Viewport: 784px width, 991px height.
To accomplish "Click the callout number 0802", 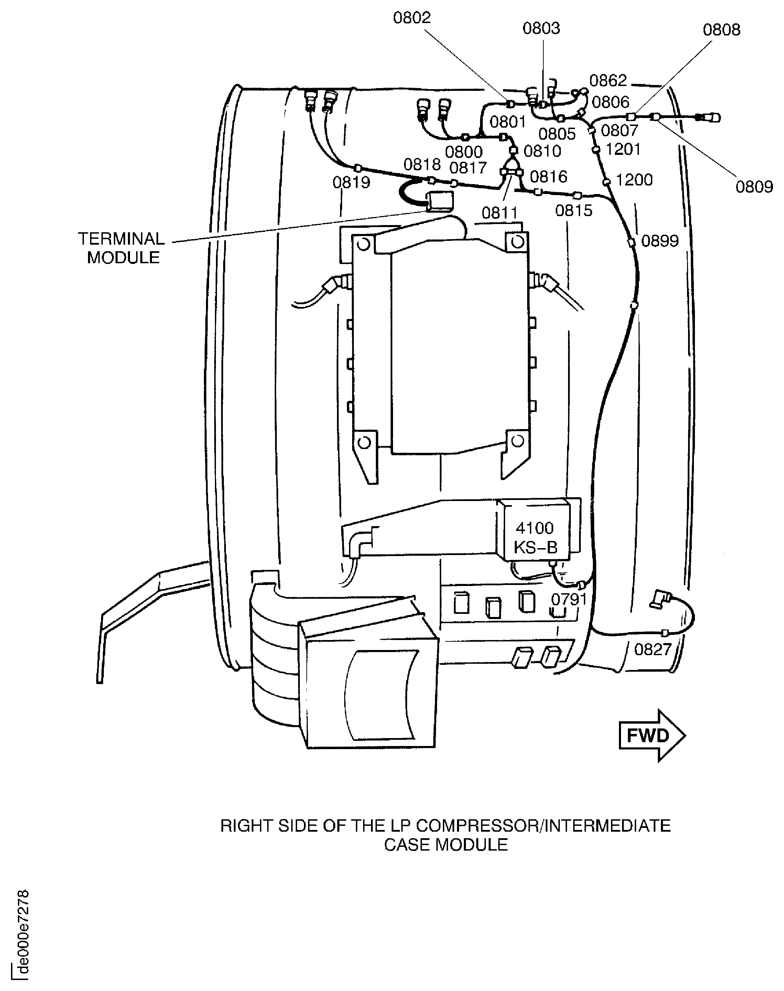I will point(412,18).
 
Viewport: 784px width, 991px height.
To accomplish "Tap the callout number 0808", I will point(721,30).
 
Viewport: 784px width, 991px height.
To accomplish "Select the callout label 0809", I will point(754,187).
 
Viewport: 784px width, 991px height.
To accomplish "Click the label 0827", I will point(653,649).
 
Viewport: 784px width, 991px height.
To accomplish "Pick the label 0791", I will point(569,599).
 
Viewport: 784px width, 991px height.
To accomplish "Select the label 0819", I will point(351,183).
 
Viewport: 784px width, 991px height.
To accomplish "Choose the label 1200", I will point(634,180).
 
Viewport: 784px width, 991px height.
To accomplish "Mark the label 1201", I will point(623,150).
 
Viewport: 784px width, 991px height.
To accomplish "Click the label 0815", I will point(574,211).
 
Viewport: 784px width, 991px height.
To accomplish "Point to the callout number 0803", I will point(541,29).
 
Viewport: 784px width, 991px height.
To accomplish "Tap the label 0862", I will point(608,81).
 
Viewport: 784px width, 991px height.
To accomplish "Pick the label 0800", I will point(464,152).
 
